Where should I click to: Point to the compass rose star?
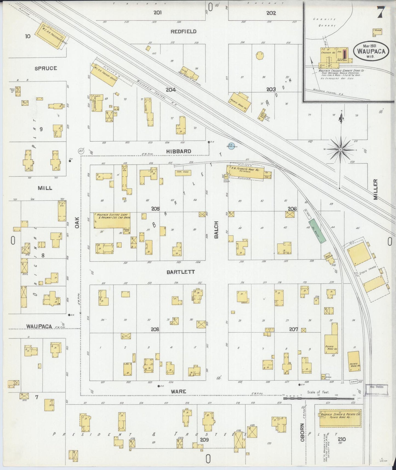point(340,149)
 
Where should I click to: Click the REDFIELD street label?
point(183,32)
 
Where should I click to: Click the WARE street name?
point(178,392)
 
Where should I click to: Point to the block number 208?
point(155,329)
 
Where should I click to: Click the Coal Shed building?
point(183,173)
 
